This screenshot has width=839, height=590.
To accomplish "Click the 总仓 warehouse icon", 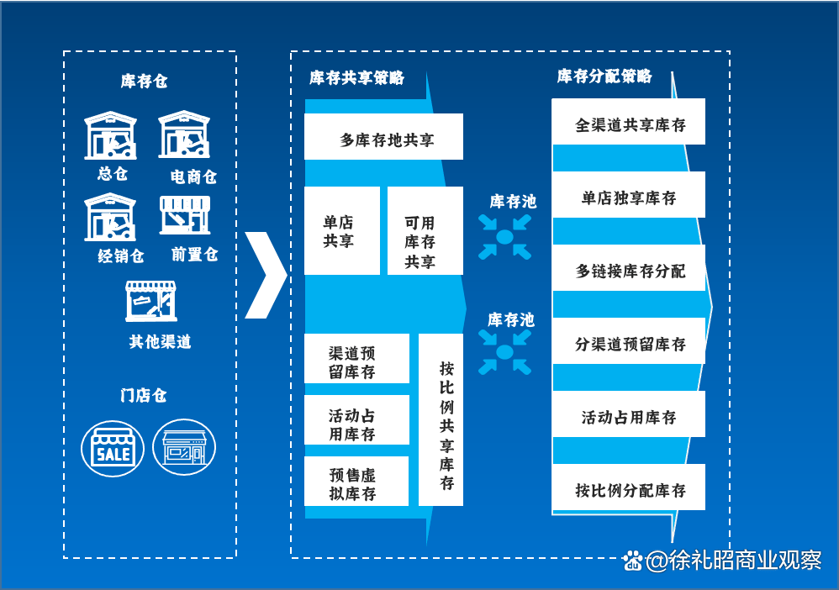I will coord(110,135).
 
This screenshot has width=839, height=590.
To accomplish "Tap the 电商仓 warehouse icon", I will coord(184,135).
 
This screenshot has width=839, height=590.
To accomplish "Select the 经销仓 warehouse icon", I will coord(110,217).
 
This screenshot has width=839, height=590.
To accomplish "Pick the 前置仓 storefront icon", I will coord(184,215).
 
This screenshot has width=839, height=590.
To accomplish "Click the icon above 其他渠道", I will coord(151,302).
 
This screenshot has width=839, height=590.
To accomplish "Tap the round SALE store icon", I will coord(113,448).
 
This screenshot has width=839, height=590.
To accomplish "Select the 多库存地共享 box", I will coord(383,137).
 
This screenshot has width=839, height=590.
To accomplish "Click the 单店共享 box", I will coord(341,230).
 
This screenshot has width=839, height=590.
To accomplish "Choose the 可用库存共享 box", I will coord(425,230).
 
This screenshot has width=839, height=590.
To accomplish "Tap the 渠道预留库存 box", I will coord(356,359).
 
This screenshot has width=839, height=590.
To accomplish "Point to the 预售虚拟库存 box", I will coord(356,482).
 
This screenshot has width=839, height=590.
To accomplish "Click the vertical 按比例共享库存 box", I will coord(441,420).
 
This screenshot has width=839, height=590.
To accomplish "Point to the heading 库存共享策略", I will coord(356,78).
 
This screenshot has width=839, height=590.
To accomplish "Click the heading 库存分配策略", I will coord(604,76).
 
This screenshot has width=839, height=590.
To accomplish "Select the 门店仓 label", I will coord(144,395).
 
